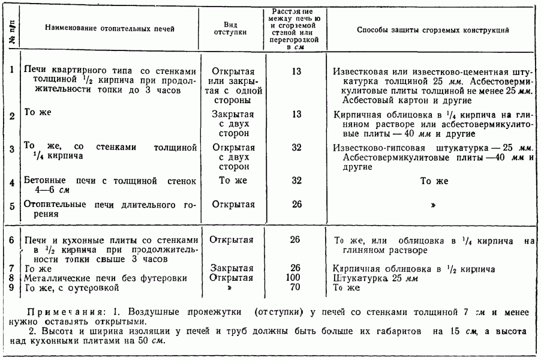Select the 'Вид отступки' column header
(x=231, y=29)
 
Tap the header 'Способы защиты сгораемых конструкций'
(x=429, y=29)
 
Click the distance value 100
(x=294, y=278)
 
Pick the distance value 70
(x=294, y=287)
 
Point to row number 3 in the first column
(x=11, y=147)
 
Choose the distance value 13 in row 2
(x=294, y=115)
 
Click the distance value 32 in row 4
(x=294, y=179)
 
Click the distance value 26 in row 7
(x=294, y=268)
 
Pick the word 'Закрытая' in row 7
(x=232, y=268)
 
